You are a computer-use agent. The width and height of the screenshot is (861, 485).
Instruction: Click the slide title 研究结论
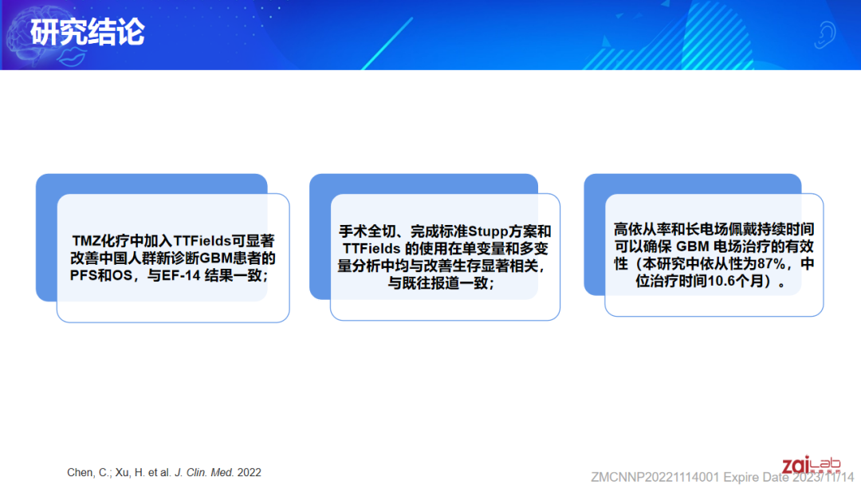[88, 32]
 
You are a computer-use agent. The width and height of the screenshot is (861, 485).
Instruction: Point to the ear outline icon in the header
[824, 35]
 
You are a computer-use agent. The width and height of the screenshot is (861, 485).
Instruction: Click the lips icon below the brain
[72, 57]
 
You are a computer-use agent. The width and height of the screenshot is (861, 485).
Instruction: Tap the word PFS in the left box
[84, 275]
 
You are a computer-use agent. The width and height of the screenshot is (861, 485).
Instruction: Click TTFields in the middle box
[372, 249]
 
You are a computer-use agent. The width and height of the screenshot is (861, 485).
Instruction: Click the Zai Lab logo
[811, 465]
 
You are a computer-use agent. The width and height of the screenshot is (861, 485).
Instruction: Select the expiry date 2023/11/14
[823, 477]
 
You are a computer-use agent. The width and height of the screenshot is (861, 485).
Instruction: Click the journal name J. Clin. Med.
[204, 472]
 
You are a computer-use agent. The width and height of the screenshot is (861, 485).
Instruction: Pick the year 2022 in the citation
[250, 472]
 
